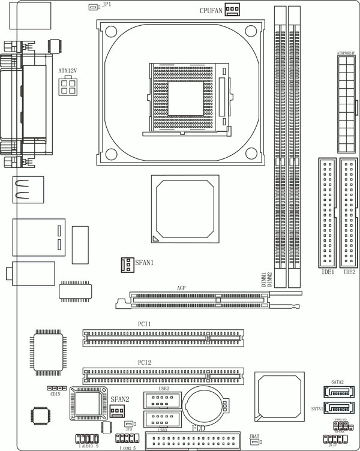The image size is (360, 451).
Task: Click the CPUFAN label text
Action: (x=211, y=10)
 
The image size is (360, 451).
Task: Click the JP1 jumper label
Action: (x=106, y=4)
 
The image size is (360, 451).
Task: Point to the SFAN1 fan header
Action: (x=127, y=263)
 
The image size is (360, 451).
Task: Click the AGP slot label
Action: (x=181, y=288)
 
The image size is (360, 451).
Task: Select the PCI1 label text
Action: (x=144, y=324)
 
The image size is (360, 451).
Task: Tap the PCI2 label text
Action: (x=144, y=363)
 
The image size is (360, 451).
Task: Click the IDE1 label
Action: (x=328, y=272)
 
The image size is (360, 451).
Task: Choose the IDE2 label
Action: (x=349, y=272)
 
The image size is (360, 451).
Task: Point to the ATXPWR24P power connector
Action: (x=346, y=104)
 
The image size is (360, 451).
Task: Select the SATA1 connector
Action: (x=337, y=408)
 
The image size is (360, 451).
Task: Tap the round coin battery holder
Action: (x=205, y=406)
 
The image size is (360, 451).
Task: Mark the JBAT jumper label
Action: (x=253, y=437)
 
